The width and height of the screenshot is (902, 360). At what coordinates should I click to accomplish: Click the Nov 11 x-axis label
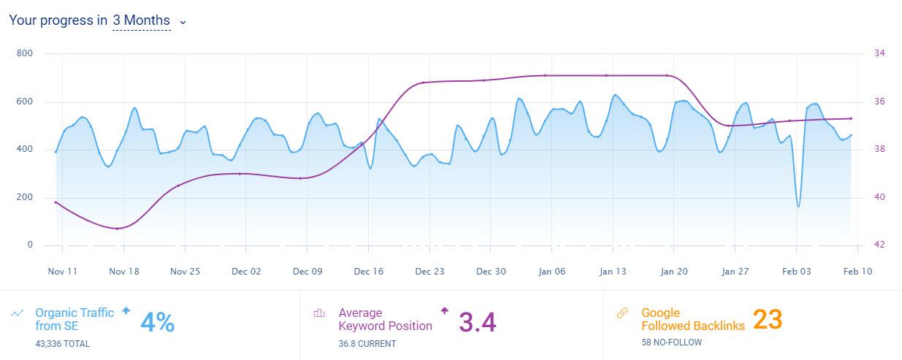pos(63,271)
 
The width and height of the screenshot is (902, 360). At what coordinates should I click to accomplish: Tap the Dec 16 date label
pos(368,271)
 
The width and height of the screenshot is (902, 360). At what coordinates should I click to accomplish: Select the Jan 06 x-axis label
pos(551,271)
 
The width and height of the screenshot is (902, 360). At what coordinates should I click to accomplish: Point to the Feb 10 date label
pos(857,271)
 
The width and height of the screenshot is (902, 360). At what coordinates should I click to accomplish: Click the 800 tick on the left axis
pos(25,53)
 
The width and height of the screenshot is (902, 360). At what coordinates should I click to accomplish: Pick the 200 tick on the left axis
pos(25,197)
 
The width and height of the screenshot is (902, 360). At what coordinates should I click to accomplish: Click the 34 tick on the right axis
pos(879,53)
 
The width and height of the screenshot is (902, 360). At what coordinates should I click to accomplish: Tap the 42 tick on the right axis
pos(879,245)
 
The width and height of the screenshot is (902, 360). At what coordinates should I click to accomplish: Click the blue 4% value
pos(157,322)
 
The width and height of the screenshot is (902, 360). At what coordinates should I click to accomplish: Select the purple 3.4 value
pos(478,322)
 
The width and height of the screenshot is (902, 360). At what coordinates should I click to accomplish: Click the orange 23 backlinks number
pos(768,319)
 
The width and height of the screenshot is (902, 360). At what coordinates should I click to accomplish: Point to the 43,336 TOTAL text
pos(63,342)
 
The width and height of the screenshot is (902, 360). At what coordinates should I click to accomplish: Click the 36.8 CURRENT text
pos(367,342)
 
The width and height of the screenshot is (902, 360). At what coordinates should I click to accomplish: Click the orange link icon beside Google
pos(622,313)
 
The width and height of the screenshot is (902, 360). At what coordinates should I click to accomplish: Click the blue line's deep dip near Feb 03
pos(798,206)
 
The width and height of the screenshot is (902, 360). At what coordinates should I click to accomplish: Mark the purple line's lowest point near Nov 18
pos(118,229)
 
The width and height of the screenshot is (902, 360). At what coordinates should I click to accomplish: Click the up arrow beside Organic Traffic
pos(126,310)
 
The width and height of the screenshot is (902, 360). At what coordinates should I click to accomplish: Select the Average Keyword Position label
pos(385,319)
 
